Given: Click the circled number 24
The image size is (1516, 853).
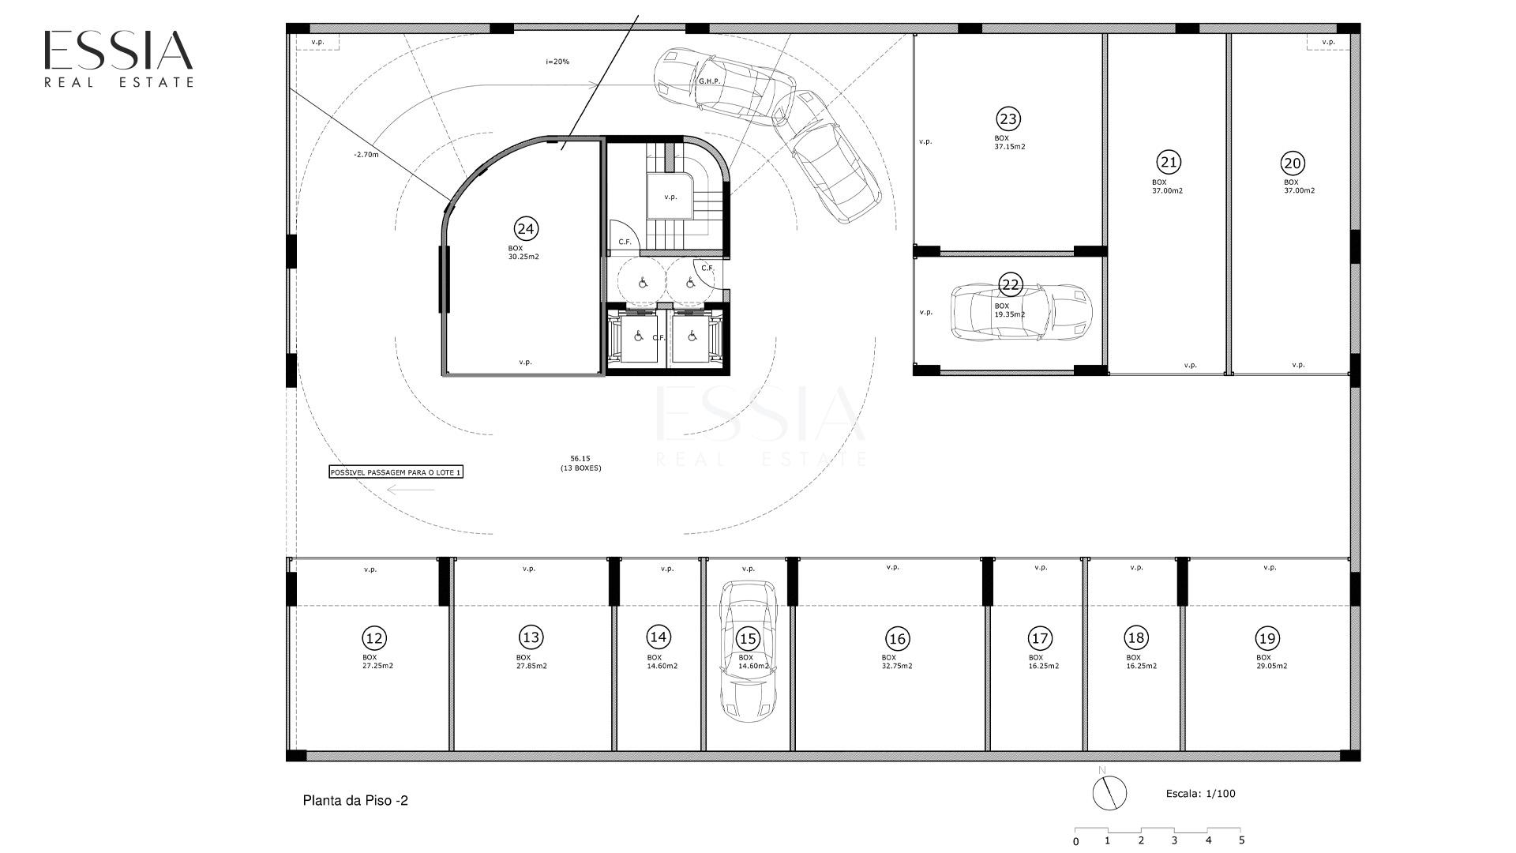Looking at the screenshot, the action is pyautogui.click(x=526, y=229).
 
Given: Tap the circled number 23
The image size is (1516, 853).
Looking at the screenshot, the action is pyautogui.click(x=1008, y=119).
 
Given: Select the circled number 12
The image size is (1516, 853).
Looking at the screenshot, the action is pyautogui.click(x=373, y=638).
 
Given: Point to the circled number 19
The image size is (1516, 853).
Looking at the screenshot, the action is pyautogui.click(x=1267, y=638).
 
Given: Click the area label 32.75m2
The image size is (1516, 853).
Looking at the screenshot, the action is pyautogui.click(x=897, y=666).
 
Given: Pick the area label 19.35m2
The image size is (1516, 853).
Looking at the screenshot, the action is pyautogui.click(x=1010, y=314).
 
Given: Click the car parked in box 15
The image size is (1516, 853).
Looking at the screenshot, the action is pyautogui.click(x=748, y=652).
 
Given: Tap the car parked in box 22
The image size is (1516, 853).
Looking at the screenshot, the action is pyautogui.click(x=1021, y=312).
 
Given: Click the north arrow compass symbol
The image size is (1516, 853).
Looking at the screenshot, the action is pyautogui.click(x=1109, y=792).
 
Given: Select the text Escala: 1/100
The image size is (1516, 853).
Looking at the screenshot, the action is pyautogui.click(x=1201, y=794).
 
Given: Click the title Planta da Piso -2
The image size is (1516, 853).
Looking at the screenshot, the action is pyautogui.click(x=355, y=801).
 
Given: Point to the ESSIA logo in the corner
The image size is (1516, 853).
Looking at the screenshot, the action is pyautogui.click(x=118, y=58).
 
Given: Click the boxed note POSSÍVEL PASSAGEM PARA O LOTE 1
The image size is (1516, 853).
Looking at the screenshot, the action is pyautogui.click(x=396, y=472).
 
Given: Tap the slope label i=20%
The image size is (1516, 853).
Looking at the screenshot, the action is pyautogui.click(x=557, y=62).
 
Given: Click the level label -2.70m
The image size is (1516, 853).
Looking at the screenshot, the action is pyautogui.click(x=366, y=155).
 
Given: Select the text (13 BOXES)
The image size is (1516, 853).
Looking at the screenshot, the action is pyautogui.click(x=580, y=468).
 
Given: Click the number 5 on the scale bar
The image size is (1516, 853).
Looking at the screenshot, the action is pyautogui.click(x=1241, y=840).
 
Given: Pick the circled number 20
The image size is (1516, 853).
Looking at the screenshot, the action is pyautogui.click(x=1293, y=163).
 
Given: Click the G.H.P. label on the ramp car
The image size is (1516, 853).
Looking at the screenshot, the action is pyautogui.click(x=707, y=81).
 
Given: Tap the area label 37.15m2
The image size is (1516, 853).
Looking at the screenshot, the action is pyautogui.click(x=1010, y=147).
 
